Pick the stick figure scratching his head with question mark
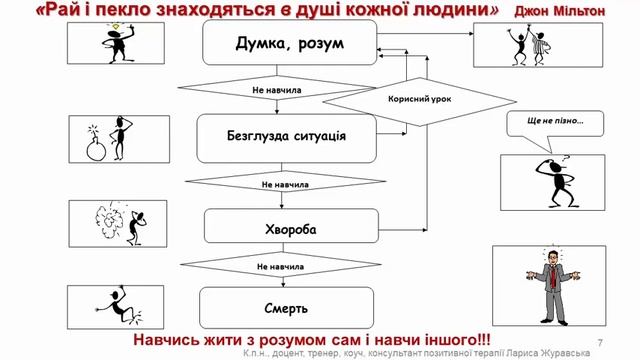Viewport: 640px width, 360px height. [x=549, y=179]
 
